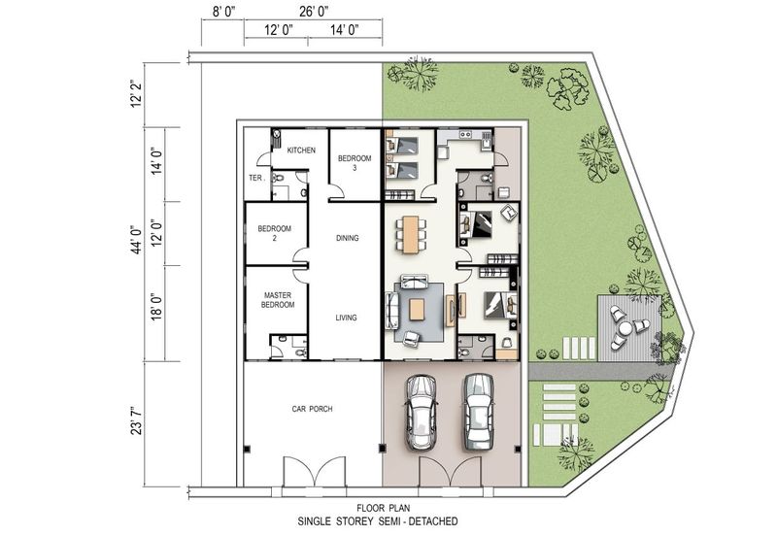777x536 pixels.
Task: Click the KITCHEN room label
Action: pyautogui.click(x=301, y=151)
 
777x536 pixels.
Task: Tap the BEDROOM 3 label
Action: pyautogui.click(x=355, y=163)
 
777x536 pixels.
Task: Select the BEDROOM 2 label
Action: pyautogui.click(x=275, y=233)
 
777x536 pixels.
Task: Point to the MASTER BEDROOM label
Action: pyautogui.click(x=278, y=300)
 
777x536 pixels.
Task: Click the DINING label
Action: pyautogui.click(x=347, y=238)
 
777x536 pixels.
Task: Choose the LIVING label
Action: pyautogui.click(x=346, y=318)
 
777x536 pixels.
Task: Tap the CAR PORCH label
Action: pyautogui.click(x=312, y=409)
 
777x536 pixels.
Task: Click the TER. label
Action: pyautogui.click(x=256, y=178)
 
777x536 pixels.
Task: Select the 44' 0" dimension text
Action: pyautogui.click(x=137, y=239)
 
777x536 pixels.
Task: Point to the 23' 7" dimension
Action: pyautogui.click(x=137, y=421)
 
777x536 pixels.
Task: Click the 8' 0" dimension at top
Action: pyautogui.click(x=224, y=12)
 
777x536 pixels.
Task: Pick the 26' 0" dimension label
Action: pyautogui.click(x=314, y=12)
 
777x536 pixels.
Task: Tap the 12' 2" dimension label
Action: pyautogui.click(x=137, y=93)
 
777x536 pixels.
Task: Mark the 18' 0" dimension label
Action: pyautogui.click(x=157, y=307)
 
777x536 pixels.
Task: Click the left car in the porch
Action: pyautogui.click(x=421, y=412)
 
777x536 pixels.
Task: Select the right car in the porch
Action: pyautogui.click(x=478, y=412)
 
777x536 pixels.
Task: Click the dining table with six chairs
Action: pyautogui.click(x=411, y=235)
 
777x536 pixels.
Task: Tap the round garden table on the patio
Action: pyautogui.click(x=625, y=328)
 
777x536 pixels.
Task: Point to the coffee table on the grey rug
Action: pyautogui.click(x=417, y=310)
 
